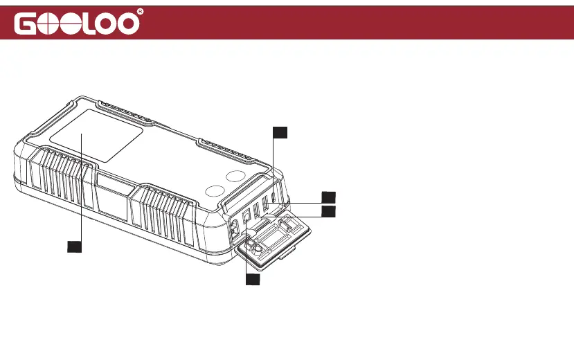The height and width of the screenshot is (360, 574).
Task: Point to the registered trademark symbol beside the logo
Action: (141, 12)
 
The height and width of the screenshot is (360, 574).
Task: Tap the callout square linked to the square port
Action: (253, 280)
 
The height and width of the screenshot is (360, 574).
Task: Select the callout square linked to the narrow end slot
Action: (278, 132)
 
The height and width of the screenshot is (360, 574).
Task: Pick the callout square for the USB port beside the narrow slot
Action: (330, 197)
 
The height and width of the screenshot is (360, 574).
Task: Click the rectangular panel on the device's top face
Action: (96, 139)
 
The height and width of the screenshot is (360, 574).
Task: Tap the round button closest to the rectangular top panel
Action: (215, 193)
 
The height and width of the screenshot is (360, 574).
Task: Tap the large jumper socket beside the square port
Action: (233, 224)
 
